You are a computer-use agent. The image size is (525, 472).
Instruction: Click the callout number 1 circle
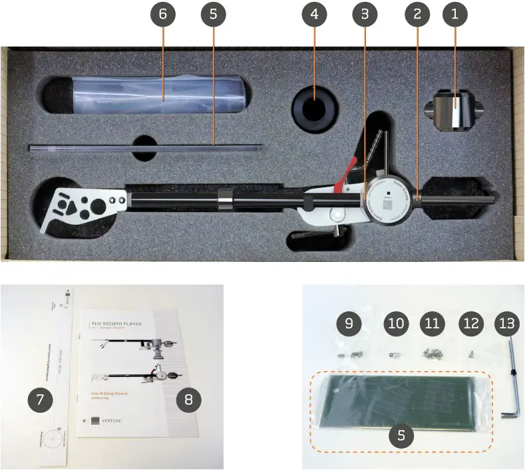[455, 15]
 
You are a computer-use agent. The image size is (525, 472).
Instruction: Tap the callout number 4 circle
[314, 15]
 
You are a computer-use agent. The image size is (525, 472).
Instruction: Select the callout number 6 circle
[164, 15]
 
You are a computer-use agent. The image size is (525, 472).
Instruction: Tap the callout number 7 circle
[40, 399]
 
